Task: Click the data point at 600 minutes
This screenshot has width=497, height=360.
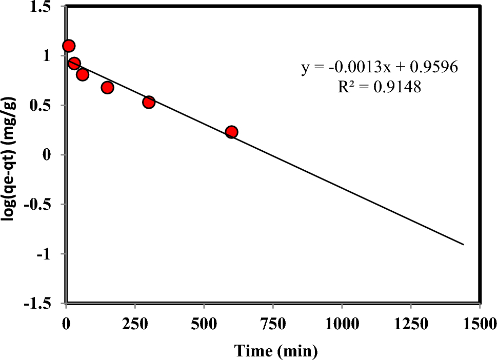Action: (231, 132)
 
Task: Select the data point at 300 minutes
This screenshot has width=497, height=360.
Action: (149, 102)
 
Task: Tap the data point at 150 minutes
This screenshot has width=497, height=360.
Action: (107, 88)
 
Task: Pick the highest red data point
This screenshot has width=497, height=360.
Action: (69, 46)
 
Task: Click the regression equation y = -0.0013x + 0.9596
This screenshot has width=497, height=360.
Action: (379, 68)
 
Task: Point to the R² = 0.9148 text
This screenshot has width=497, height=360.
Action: (379, 88)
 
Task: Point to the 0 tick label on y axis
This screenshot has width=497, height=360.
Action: (54, 155)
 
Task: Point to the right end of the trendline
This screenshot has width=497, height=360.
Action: (464, 244)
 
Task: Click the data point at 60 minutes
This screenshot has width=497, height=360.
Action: (83, 75)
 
